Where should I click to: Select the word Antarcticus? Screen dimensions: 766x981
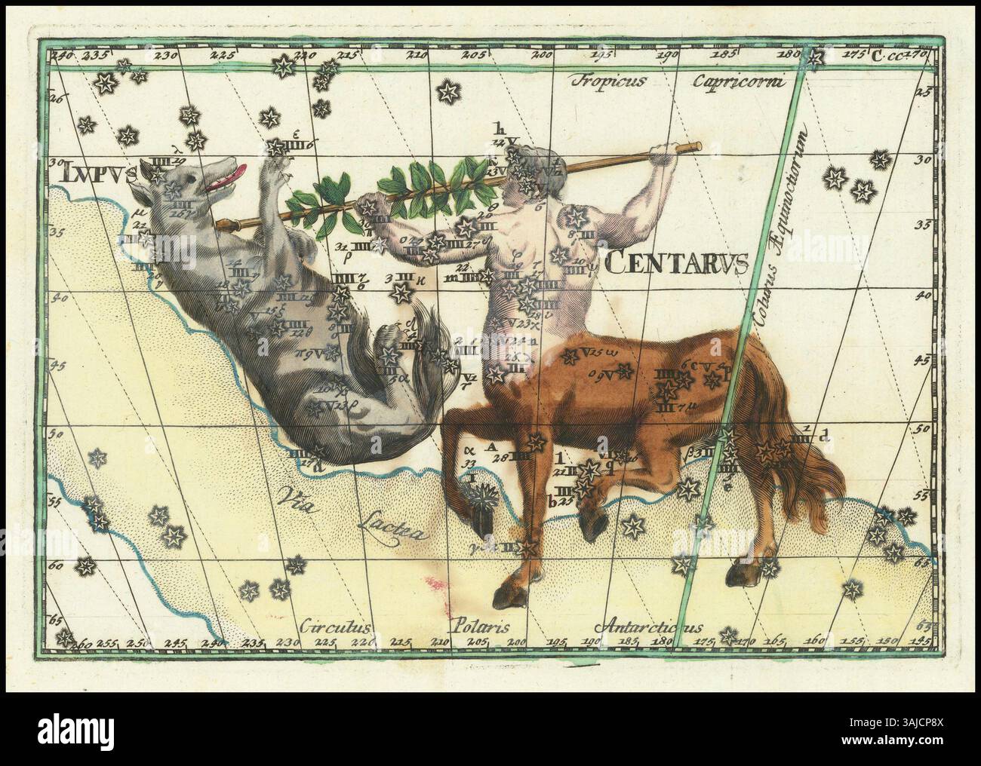pos(648,627)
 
